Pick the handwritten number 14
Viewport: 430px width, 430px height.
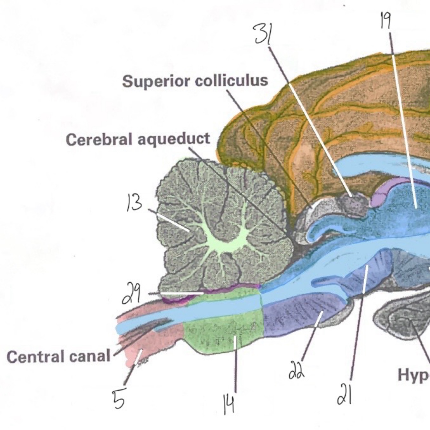coord(229,405)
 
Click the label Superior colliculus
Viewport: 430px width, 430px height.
coord(195,81)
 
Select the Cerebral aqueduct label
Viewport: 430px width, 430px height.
coord(138,140)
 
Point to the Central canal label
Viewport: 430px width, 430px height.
coord(58,357)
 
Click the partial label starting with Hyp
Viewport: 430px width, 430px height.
coord(414,375)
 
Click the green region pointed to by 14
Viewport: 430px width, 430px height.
coord(222,335)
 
